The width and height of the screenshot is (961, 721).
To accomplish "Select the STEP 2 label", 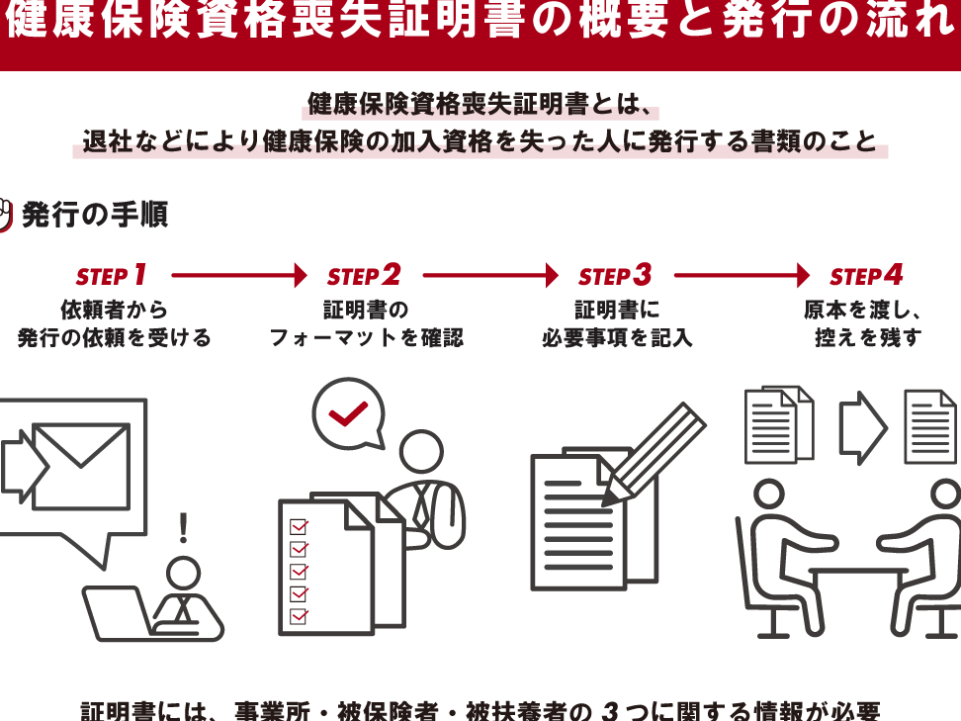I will coord(364,275).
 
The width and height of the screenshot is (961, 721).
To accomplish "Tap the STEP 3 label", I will coord(615,275).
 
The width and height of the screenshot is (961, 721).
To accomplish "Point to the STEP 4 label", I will coord(866,275).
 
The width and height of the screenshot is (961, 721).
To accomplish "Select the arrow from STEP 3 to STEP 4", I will coord(742,275).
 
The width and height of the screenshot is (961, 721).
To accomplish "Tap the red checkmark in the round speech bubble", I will coord(348,413).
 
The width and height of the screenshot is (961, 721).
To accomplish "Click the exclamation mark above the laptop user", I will coord(183,528).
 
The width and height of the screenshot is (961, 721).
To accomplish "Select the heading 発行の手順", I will coord(95,215).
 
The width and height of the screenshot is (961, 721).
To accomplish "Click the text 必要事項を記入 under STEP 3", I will coord(617,338).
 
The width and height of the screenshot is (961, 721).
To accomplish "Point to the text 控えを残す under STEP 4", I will coord(867,338).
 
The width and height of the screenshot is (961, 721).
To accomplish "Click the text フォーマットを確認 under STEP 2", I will coord(366,338).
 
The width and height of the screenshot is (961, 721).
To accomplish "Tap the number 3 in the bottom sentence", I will coord(612,711).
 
